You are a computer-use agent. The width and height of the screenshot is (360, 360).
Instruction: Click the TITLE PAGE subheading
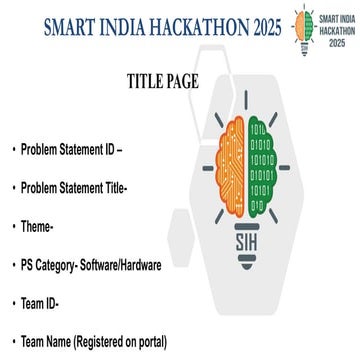pos(163,81)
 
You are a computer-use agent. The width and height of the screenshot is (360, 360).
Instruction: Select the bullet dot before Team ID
pos(14,302)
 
